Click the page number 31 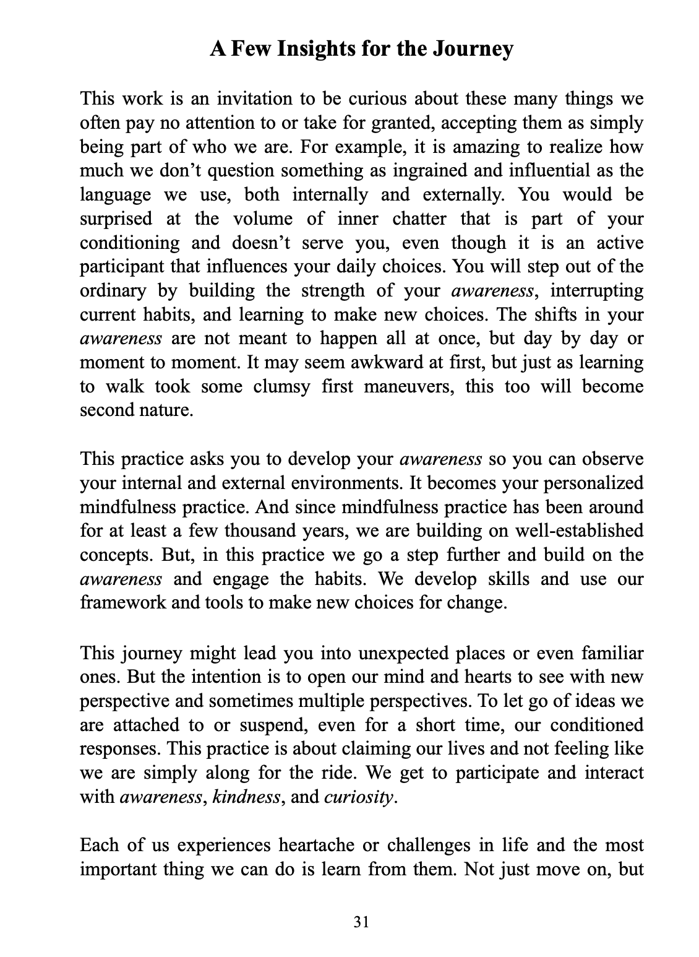coord(361,922)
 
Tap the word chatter coord(414,219)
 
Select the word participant coord(118,267)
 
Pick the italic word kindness coord(246,797)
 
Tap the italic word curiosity coord(358,797)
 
